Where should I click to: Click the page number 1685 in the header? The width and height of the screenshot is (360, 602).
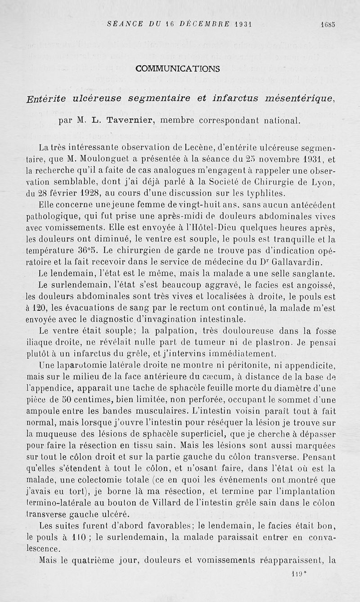[x=328, y=25]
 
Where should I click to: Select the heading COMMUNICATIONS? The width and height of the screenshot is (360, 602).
[x=178, y=69]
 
